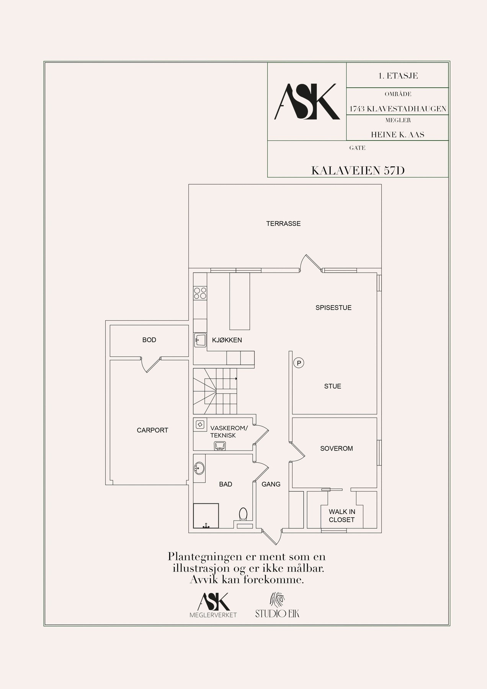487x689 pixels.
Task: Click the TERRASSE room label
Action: [283, 224]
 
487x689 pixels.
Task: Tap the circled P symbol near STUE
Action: [299, 363]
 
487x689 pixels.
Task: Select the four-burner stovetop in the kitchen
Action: [200, 293]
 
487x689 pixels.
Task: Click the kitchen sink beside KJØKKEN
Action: [200, 340]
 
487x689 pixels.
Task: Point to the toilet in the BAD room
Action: [243, 514]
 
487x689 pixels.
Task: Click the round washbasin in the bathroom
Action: [199, 468]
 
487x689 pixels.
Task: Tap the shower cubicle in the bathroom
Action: [206, 516]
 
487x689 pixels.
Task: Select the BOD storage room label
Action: [149, 340]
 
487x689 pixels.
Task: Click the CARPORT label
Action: [152, 430]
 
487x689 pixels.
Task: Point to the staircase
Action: [215, 391]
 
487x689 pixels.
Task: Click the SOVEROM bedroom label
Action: [337, 449]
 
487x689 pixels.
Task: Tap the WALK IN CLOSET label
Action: [342, 516]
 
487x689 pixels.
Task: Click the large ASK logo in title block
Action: [307, 101]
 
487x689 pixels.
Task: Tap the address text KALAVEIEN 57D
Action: [358, 171]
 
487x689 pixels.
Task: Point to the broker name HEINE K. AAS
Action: [397, 135]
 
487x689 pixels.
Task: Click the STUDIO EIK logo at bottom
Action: [278, 605]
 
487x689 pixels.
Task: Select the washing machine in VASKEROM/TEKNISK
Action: [199, 424]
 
